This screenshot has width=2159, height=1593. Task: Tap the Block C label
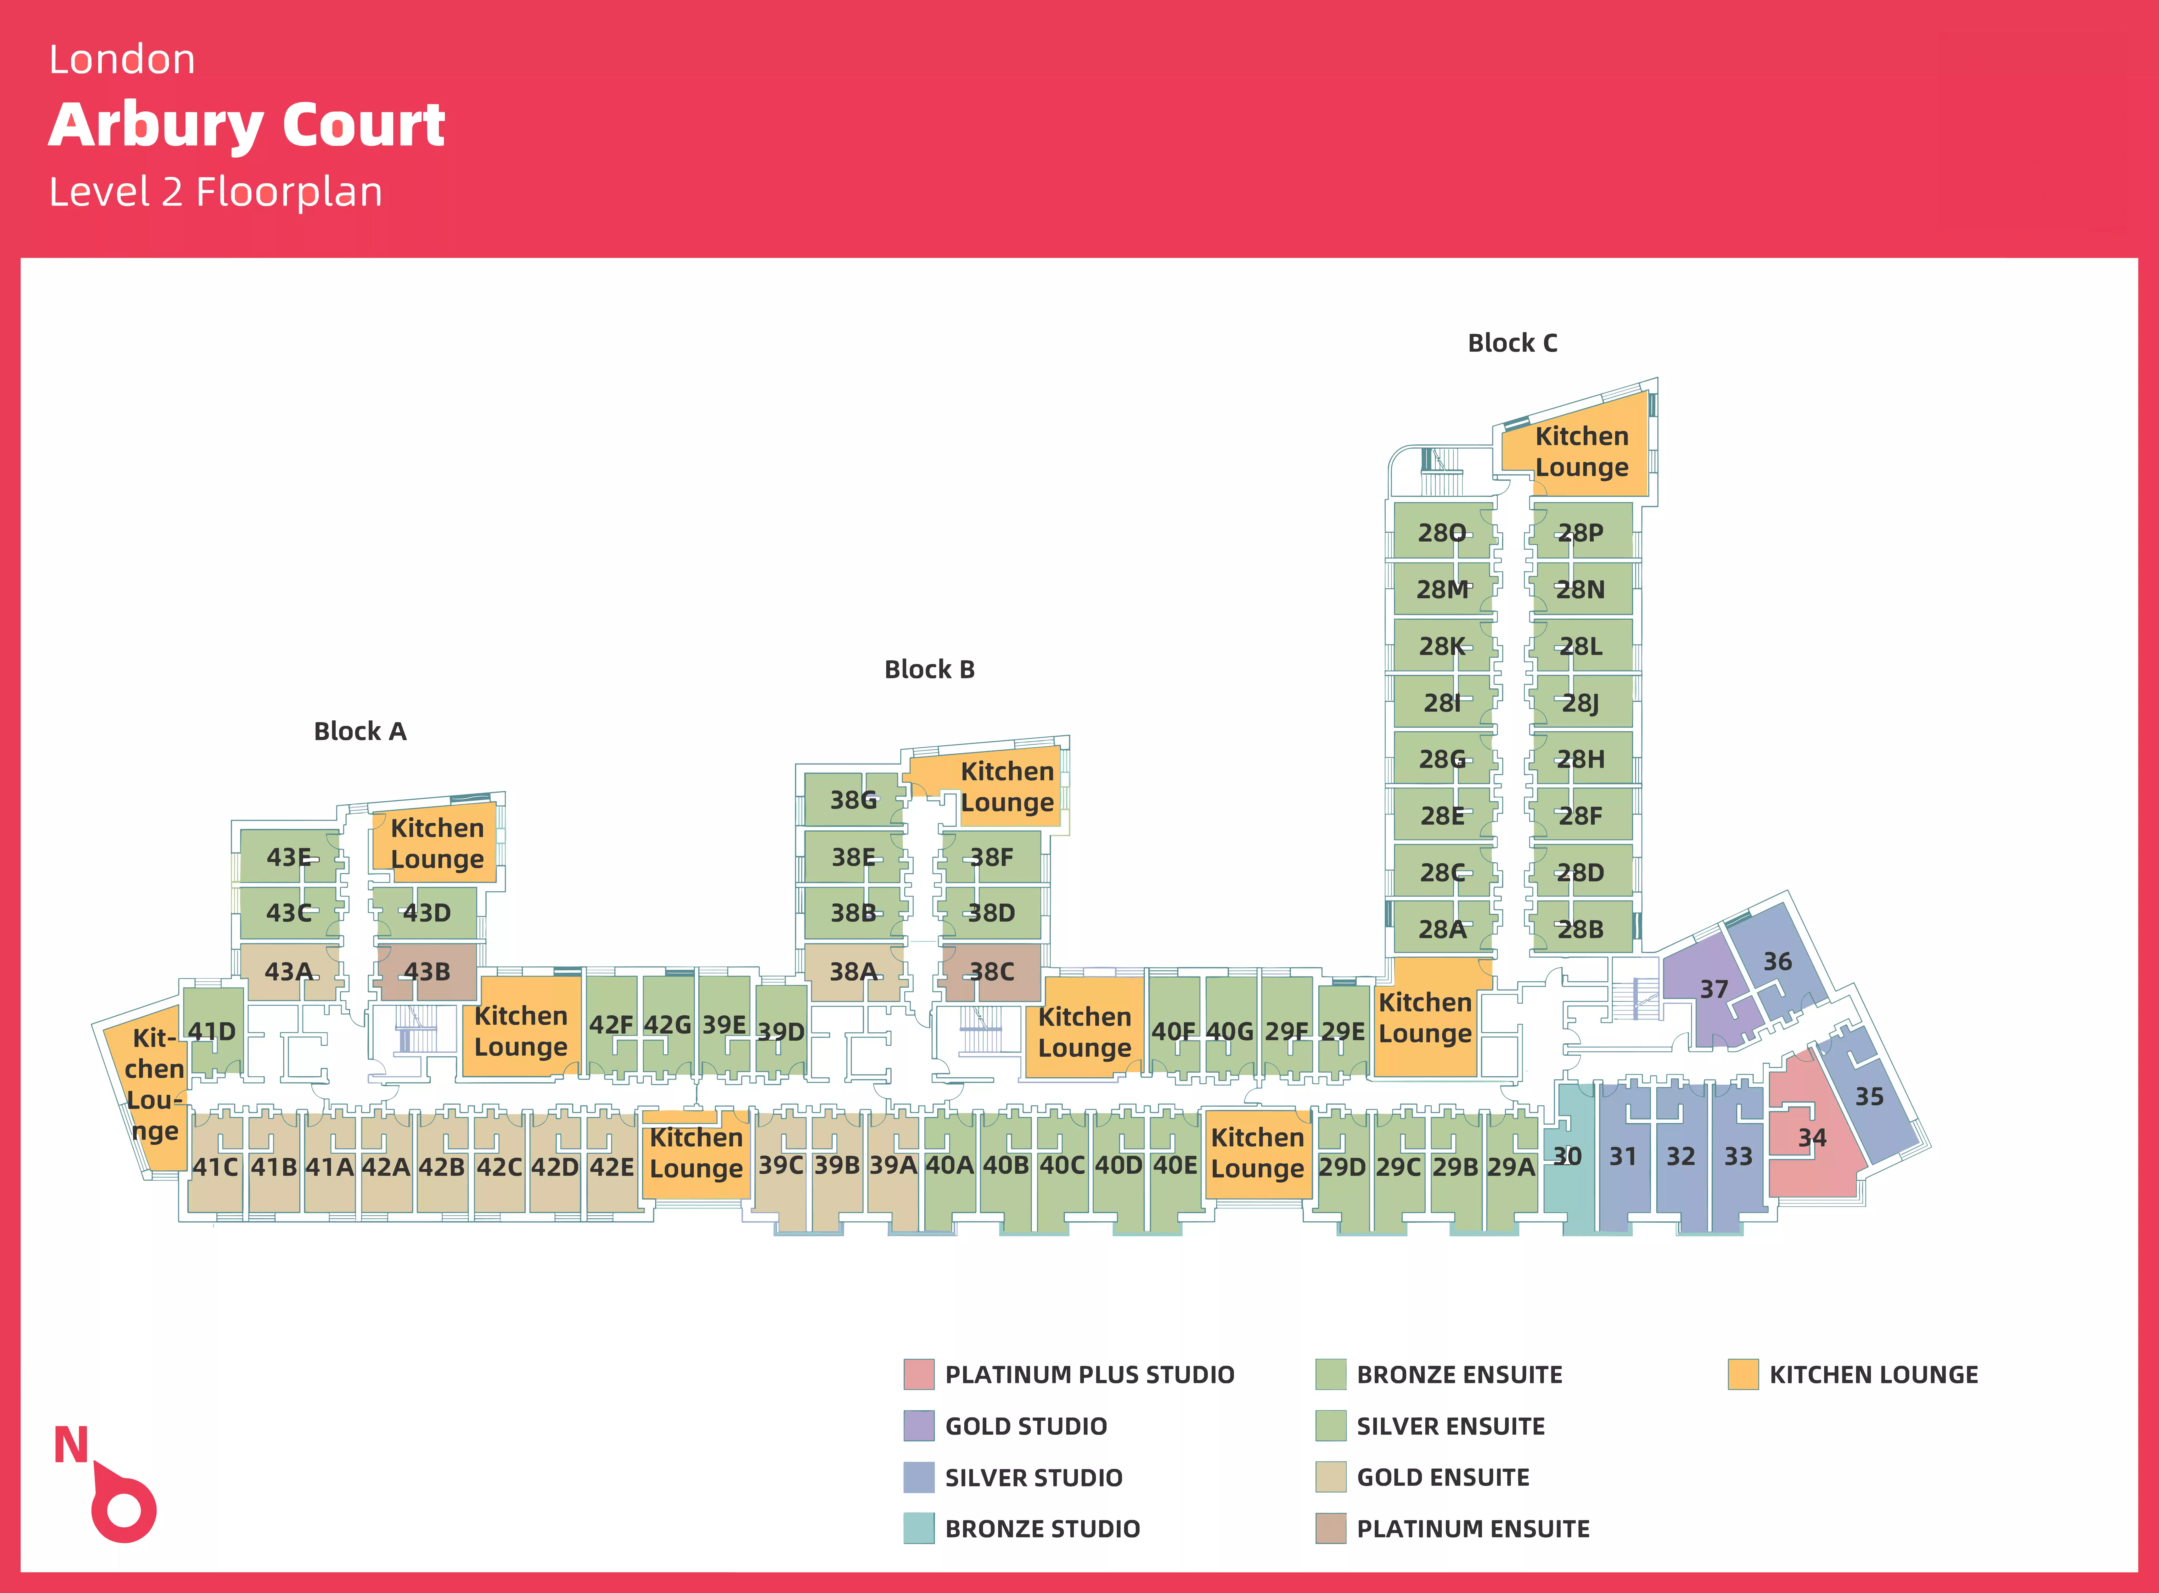tap(1512, 343)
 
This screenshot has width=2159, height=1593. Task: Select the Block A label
tap(360, 732)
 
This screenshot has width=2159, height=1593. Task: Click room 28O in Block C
tap(1441, 533)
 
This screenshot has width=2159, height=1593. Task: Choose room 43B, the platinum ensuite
tap(426, 972)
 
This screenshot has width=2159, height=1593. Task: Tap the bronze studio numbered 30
tap(1567, 1156)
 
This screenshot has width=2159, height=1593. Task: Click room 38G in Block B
tap(853, 800)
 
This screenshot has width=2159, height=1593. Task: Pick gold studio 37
tap(1713, 989)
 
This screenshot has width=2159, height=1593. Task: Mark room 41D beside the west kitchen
tap(211, 1032)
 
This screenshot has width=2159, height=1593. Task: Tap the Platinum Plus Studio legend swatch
tap(918, 1374)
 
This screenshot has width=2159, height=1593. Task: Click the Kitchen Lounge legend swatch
tap(1742, 1374)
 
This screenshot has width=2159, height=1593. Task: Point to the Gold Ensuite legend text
tap(1442, 1477)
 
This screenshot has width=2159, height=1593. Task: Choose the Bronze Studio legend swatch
tap(918, 1528)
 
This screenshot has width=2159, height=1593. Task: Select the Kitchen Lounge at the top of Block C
tap(1581, 451)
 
